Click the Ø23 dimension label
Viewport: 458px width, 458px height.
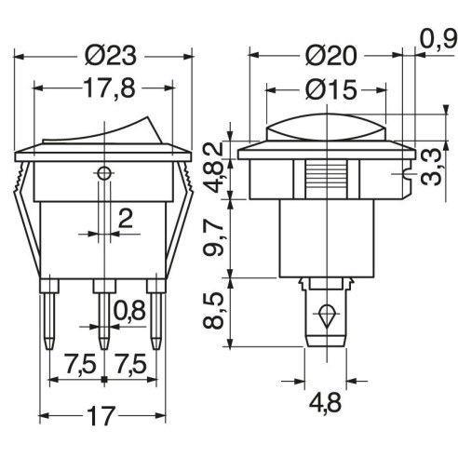click(110, 56)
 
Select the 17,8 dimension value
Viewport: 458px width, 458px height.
click(109, 88)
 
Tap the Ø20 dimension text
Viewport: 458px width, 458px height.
click(330, 56)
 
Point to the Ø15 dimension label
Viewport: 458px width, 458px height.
click(330, 90)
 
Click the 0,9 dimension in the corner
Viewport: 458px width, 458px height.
click(438, 39)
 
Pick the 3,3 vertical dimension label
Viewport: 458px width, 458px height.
click(431, 167)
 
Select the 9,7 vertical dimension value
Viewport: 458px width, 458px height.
click(213, 237)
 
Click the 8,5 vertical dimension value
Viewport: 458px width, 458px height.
click(213, 310)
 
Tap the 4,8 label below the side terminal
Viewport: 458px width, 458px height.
click(325, 402)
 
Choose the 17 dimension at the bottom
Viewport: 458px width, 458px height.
click(101, 416)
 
